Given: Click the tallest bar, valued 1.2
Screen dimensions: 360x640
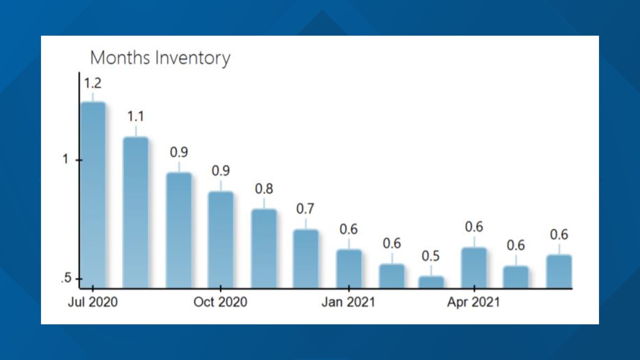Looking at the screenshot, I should click(x=93, y=195).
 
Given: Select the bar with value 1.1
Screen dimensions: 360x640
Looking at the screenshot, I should click(x=136, y=212).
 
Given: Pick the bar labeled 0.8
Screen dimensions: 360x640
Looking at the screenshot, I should click(x=264, y=248).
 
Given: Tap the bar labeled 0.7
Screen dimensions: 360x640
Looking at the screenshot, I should click(x=306, y=259).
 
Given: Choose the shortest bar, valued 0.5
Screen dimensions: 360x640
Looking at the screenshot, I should click(x=431, y=282).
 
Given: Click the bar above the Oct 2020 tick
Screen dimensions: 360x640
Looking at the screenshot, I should click(x=221, y=239).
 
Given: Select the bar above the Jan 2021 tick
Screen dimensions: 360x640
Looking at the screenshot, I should click(x=349, y=268).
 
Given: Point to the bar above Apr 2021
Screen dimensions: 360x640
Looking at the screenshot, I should click(x=474, y=267).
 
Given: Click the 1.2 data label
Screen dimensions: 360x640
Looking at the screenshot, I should click(x=93, y=83).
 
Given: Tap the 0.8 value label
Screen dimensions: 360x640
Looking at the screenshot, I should click(x=264, y=189).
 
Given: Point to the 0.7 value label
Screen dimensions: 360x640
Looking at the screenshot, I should click(x=305, y=209).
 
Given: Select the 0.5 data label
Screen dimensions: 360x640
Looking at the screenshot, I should click(x=431, y=256).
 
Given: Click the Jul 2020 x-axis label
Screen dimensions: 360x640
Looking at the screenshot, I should click(x=93, y=302).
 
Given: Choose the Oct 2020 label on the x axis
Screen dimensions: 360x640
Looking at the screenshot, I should click(x=220, y=302).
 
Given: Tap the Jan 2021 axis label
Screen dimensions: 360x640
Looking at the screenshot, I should click(x=348, y=302).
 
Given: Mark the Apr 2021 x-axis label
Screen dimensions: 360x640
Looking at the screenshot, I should click(x=474, y=302).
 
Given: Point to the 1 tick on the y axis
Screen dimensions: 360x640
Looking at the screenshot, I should click(x=65, y=159).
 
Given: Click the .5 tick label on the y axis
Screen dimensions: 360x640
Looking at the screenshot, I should click(x=67, y=278).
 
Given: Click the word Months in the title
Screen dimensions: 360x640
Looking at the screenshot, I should click(x=120, y=58).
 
